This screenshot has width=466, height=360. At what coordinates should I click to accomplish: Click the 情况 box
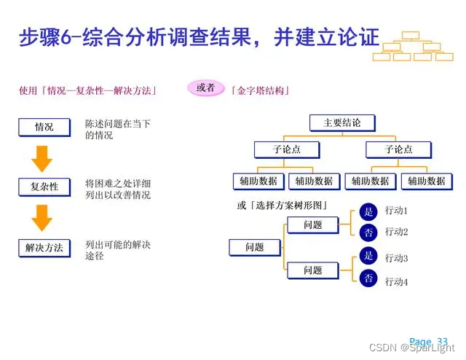(44, 127)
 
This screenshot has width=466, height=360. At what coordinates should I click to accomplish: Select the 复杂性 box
(44, 187)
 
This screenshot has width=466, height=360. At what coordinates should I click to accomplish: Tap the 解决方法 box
(44, 248)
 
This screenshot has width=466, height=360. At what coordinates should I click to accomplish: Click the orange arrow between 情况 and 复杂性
(43, 157)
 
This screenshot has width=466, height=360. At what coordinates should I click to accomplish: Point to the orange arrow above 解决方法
(43, 217)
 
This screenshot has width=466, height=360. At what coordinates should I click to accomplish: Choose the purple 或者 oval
(206, 88)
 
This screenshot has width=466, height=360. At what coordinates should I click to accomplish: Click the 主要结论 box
(341, 123)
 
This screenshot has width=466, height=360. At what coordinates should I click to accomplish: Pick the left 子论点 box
(286, 150)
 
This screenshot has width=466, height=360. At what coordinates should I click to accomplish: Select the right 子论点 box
(398, 150)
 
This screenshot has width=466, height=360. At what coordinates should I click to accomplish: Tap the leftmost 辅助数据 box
(258, 181)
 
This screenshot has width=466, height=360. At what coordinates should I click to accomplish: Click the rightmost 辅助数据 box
(427, 181)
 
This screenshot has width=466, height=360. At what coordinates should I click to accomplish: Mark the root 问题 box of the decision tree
(255, 248)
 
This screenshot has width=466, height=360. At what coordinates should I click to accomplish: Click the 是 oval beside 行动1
(368, 212)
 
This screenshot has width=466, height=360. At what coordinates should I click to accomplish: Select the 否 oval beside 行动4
(368, 278)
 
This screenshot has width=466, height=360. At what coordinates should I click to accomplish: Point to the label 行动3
(396, 258)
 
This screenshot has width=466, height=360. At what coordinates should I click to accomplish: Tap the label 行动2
(396, 232)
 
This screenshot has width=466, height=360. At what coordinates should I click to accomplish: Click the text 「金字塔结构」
(261, 91)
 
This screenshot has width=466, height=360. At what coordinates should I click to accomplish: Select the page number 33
(443, 341)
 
